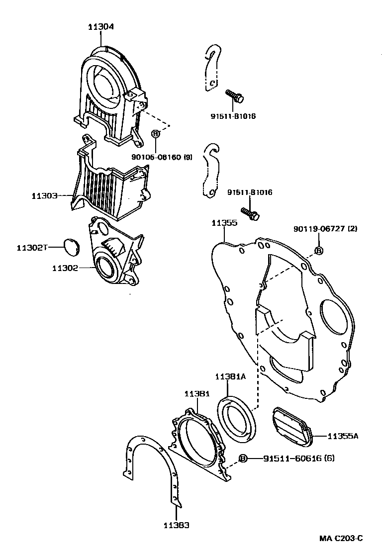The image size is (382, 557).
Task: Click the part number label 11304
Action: pos(100,27)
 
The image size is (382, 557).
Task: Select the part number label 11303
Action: pos(46,196)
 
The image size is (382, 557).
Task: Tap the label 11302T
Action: pos(31,247)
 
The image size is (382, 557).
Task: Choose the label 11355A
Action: pos(343,436)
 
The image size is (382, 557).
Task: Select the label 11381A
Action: pos(231,376)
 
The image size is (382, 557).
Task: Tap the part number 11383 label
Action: pos(177,525)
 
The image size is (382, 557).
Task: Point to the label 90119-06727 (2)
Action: pos(318,229)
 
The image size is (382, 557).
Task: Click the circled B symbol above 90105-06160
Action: pos(155,134)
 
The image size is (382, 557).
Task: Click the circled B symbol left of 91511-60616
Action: pos(243,458)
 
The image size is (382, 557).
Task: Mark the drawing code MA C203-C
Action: pos(341,539)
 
